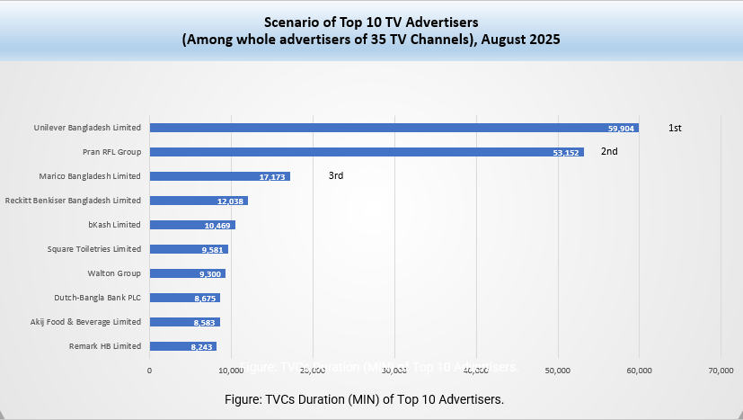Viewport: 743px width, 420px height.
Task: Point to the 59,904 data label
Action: pos(622,129)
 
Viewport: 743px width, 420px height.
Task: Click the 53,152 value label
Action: pos(568,153)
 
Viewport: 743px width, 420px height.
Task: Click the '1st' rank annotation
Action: pos(675,129)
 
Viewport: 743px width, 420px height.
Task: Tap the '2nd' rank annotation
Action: pos(609,152)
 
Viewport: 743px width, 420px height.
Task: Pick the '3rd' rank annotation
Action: pos(336,176)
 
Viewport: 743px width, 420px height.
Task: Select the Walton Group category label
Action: pos(114,273)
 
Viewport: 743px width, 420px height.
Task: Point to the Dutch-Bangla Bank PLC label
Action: pos(98,298)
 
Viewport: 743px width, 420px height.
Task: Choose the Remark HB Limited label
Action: pos(105,346)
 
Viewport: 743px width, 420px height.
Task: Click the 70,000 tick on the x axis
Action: pos(721,370)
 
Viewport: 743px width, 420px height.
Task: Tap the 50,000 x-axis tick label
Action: pos(558,370)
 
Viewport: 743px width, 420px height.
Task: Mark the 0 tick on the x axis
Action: pos(149,370)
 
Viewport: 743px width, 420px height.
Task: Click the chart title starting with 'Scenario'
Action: pos(371,31)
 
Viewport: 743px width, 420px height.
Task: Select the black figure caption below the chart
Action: pos(371,398)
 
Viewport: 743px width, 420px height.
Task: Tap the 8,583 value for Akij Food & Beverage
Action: pos(204,322)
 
